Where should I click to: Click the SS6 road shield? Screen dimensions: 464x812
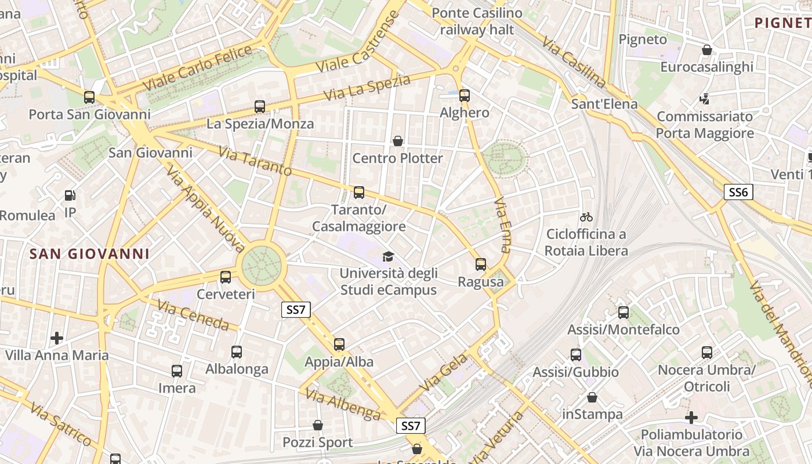738,192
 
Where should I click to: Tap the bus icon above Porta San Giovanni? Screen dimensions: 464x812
89,97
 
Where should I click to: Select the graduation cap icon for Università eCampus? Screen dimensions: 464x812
387,256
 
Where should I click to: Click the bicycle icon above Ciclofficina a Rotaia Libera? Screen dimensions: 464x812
586,217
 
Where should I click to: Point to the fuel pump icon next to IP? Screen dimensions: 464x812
70,196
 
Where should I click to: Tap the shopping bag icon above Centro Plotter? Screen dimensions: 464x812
398,141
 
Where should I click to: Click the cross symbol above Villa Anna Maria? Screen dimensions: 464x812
57,338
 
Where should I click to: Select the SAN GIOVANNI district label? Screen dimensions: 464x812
90,254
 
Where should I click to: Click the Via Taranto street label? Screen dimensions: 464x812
255,161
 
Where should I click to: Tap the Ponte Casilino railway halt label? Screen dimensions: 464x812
477,21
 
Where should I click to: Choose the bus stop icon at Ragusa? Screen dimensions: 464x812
481,264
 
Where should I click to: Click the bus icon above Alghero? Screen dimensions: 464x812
465,96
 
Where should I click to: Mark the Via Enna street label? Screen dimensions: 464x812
502,226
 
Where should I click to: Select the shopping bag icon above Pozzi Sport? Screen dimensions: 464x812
318,425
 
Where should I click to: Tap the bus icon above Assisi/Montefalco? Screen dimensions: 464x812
623,313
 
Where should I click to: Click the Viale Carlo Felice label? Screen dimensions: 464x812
197,67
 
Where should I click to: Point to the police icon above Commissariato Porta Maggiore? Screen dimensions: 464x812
705,99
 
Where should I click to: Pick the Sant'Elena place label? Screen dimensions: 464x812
604,104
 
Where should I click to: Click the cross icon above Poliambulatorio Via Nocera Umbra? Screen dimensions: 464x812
691,417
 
